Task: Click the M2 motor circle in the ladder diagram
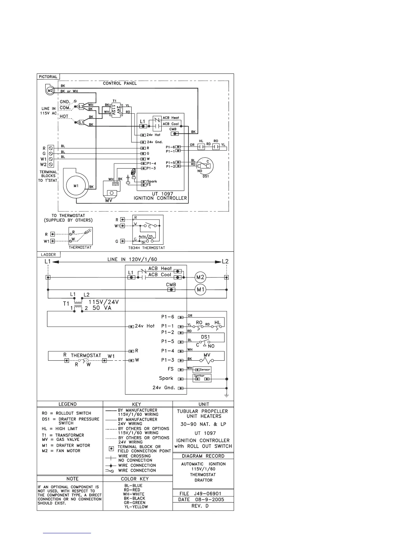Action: [201, 277]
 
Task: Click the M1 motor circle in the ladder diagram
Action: [201, 290]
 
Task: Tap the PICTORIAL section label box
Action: [48, 77]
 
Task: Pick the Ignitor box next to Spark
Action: [202, 378]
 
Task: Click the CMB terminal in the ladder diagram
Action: [171, 290]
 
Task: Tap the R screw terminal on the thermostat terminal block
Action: [51, 148]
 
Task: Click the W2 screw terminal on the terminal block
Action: [51, 164]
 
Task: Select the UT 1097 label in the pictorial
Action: [162, 194]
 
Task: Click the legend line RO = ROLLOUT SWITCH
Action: [66, 413]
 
